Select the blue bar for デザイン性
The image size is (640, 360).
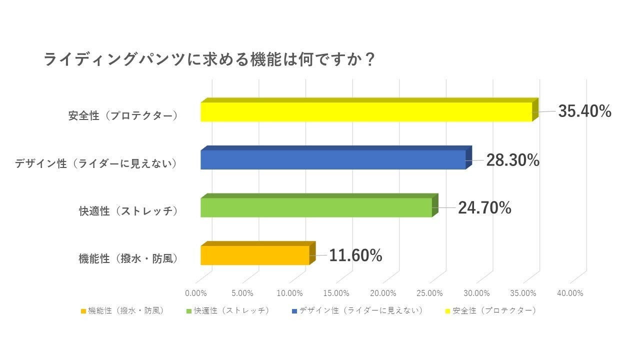pos(333,159)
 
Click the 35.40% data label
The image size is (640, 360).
pos(584,111)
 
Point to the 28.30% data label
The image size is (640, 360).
pos(512,160)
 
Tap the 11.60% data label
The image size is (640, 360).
pos(355,256)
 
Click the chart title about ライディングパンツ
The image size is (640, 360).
pos(209,60)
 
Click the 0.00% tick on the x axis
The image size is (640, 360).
pos(195,293)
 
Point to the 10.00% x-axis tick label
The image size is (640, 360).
pos(289,293)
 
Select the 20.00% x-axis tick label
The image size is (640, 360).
pos(383,293)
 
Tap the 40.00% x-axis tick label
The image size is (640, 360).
pos(570,293)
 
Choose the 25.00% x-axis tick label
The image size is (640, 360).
pos(429,293)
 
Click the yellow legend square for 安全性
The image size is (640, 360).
pos(447,311)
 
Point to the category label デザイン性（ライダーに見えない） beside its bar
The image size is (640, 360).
pos(96,163)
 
